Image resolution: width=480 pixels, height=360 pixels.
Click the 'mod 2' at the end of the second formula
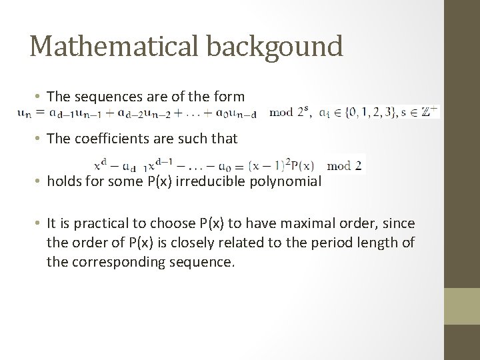[x=346, y=165]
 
